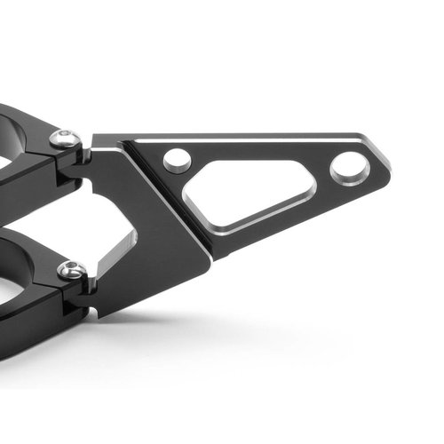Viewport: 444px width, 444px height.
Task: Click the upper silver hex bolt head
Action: (x=64, y=139)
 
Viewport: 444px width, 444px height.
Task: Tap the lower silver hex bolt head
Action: (x=71, y=270)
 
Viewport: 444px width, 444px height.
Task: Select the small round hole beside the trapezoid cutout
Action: (x=177, y=160)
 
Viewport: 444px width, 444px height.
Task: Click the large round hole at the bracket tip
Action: (x=348, y=167)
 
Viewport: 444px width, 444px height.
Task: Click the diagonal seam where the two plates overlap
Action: (x=169, y=200)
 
